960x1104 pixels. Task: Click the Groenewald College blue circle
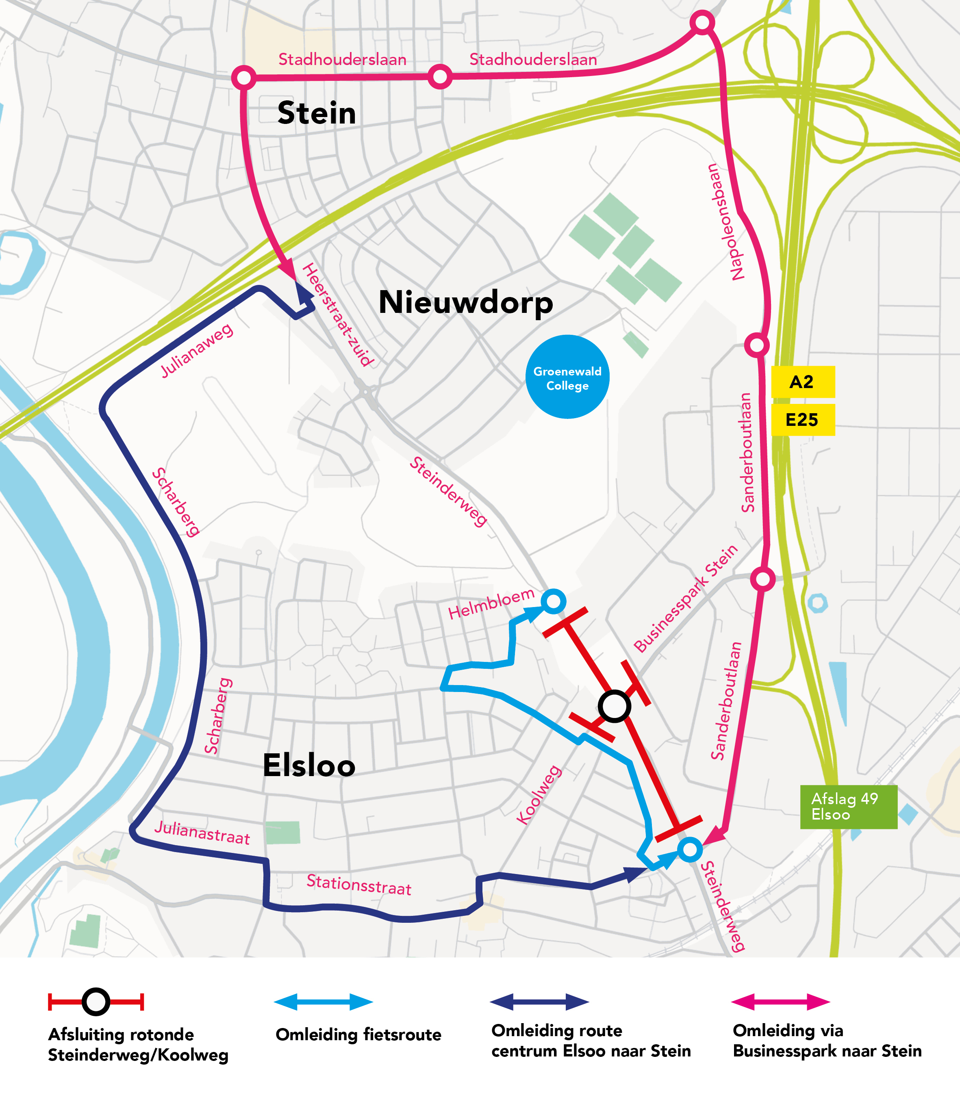point(567,377)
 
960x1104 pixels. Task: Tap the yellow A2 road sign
point(802,382)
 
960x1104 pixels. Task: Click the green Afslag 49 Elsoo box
point(848,807)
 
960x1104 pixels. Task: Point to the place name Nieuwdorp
point(465,303)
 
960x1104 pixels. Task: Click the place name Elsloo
point(309,765)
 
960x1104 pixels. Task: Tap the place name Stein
point(317,113)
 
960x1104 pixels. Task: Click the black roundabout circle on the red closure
point(614,707)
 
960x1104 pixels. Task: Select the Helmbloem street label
point(491,604)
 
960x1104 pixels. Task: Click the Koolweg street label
point(539,795)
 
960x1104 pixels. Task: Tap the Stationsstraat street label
point(359,885)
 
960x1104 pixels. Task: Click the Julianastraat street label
point(202,833)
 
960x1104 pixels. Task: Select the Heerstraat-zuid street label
point(337,315)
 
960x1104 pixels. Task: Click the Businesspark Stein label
point(686,599)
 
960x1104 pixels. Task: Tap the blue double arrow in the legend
point(324,1002)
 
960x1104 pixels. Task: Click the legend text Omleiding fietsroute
point(358,1035)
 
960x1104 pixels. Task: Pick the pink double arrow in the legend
point(780,1002)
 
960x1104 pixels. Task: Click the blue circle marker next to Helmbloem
point(554,601)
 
